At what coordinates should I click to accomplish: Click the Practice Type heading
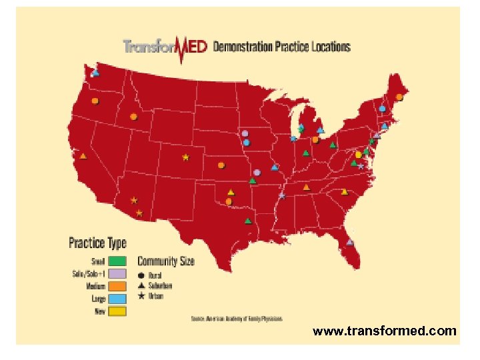point(97,243)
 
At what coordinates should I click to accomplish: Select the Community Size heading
point(166,261)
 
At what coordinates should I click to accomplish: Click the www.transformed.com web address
point(385,331)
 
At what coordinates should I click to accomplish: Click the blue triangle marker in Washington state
point(96,73)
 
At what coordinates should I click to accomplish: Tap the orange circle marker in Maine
point(399,97)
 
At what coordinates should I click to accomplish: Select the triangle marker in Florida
point(350,242)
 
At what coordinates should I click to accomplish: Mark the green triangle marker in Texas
point(248,221)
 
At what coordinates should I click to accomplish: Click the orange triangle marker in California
point(83,156)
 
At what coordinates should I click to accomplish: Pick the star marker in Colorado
point(185,158)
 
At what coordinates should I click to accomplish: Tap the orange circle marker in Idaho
point(133,117)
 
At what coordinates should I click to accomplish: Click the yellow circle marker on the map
point(358,155)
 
